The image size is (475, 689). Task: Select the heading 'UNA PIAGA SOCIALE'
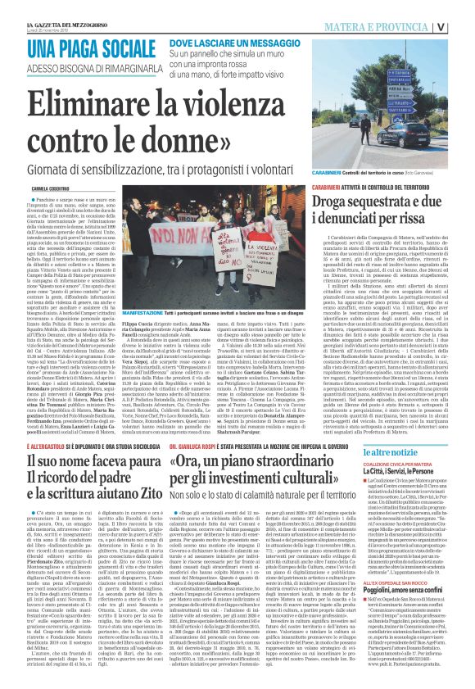102,48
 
